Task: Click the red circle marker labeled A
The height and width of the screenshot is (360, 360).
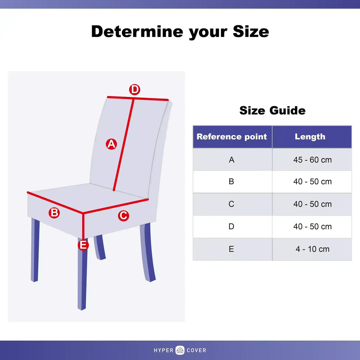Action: point(111,144)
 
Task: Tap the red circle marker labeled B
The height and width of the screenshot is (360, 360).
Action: point(54,213)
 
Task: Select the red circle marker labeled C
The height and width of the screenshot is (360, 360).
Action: point(123,216)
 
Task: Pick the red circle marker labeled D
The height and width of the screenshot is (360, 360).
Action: point(135,90)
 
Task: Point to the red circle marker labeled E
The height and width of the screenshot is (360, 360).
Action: point(83,245)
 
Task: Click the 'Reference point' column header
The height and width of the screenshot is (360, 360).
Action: point(232,137)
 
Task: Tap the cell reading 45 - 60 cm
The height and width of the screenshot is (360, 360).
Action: point(312,160)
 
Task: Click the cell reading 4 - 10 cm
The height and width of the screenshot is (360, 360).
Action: point(312,249)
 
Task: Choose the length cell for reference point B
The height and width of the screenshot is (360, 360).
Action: point(312,181)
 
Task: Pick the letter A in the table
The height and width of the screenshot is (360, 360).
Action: point(231,160)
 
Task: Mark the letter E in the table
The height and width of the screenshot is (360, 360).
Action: point(231,249)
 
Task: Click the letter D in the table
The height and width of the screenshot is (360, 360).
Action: point(231,226)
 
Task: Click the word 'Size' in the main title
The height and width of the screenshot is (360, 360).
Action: point(251,31)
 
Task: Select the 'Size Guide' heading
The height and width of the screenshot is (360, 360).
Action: point(272,110)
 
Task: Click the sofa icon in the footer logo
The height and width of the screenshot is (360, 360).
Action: point(180,350)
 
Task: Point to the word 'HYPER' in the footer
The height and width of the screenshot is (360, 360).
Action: point(163,351)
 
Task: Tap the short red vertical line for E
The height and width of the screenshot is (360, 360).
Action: point(83,226)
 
